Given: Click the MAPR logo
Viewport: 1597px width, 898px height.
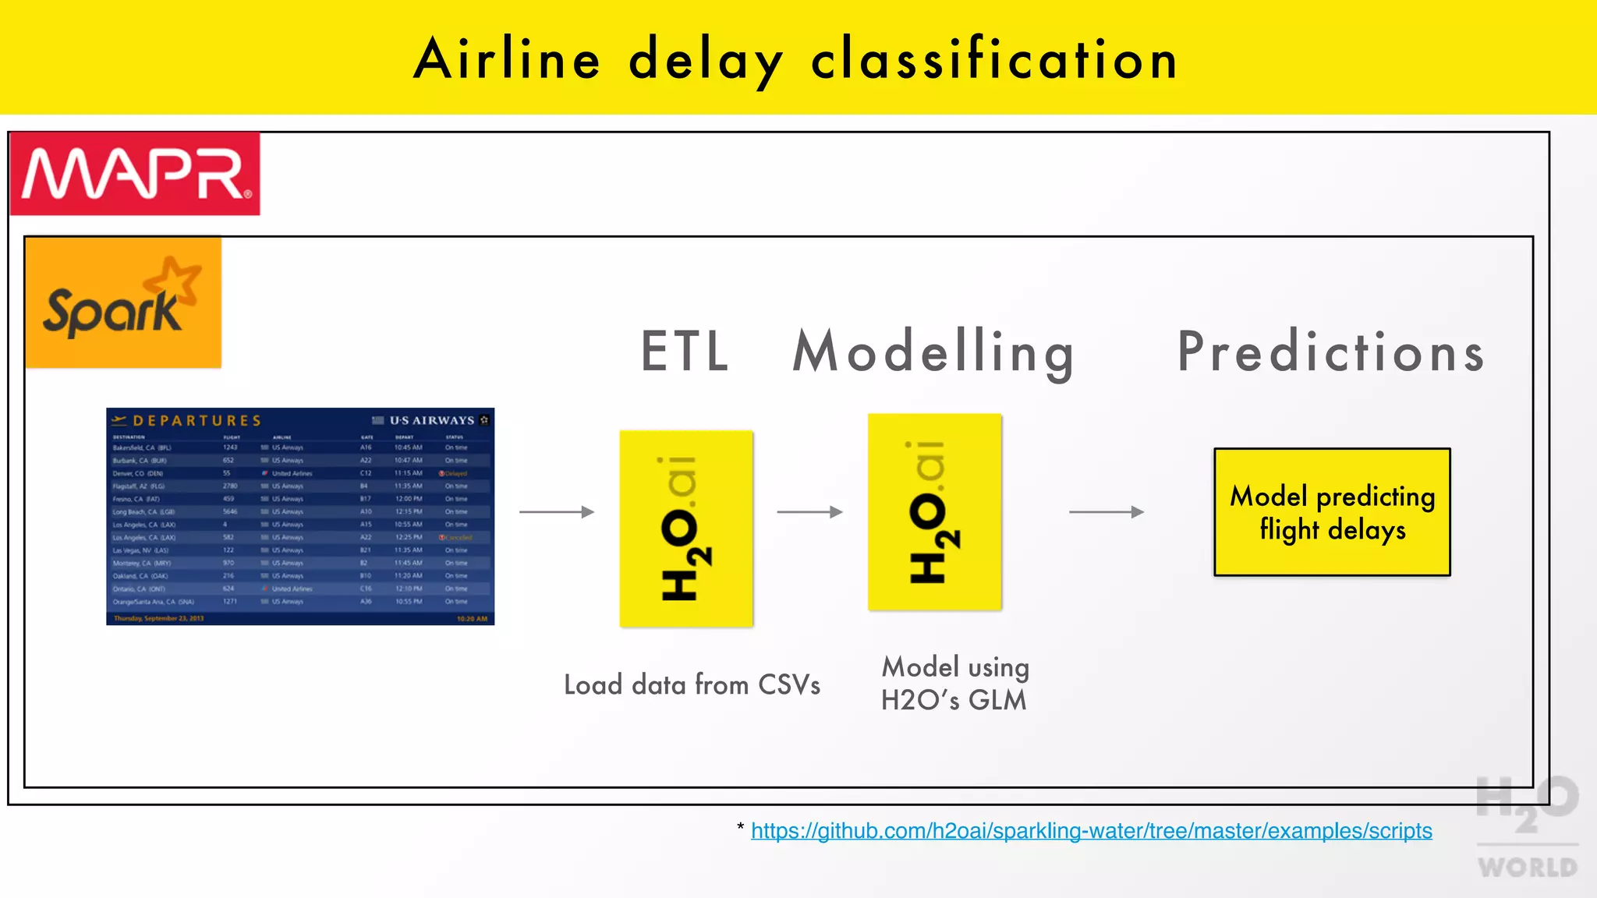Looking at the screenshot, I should [135, 174].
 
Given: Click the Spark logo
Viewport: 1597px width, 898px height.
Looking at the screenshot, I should [123, 303].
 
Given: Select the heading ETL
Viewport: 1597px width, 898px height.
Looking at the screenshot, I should [685, 352].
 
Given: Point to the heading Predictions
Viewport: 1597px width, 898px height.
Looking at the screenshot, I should [1330, 352].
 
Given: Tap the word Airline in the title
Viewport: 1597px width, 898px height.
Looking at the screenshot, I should [507, 59].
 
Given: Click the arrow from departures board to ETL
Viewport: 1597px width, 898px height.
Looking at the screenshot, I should [557, 512].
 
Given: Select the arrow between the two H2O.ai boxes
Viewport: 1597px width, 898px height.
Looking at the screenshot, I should [810, 512].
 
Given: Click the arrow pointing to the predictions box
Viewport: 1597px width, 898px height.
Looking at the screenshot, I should [1106, 512].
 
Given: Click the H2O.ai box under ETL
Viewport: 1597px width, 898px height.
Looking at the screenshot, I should [686, 529].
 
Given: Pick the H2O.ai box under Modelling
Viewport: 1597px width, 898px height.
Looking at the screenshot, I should [934, 512].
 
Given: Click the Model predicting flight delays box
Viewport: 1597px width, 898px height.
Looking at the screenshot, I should [1332, 512].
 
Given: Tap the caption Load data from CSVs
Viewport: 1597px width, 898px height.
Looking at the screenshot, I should [692, 685].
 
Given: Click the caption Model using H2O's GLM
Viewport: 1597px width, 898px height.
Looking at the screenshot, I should [954, 684].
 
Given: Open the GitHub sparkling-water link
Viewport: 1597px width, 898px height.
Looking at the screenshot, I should [1091, 831].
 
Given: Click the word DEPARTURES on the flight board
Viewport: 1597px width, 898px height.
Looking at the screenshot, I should [197, 421].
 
